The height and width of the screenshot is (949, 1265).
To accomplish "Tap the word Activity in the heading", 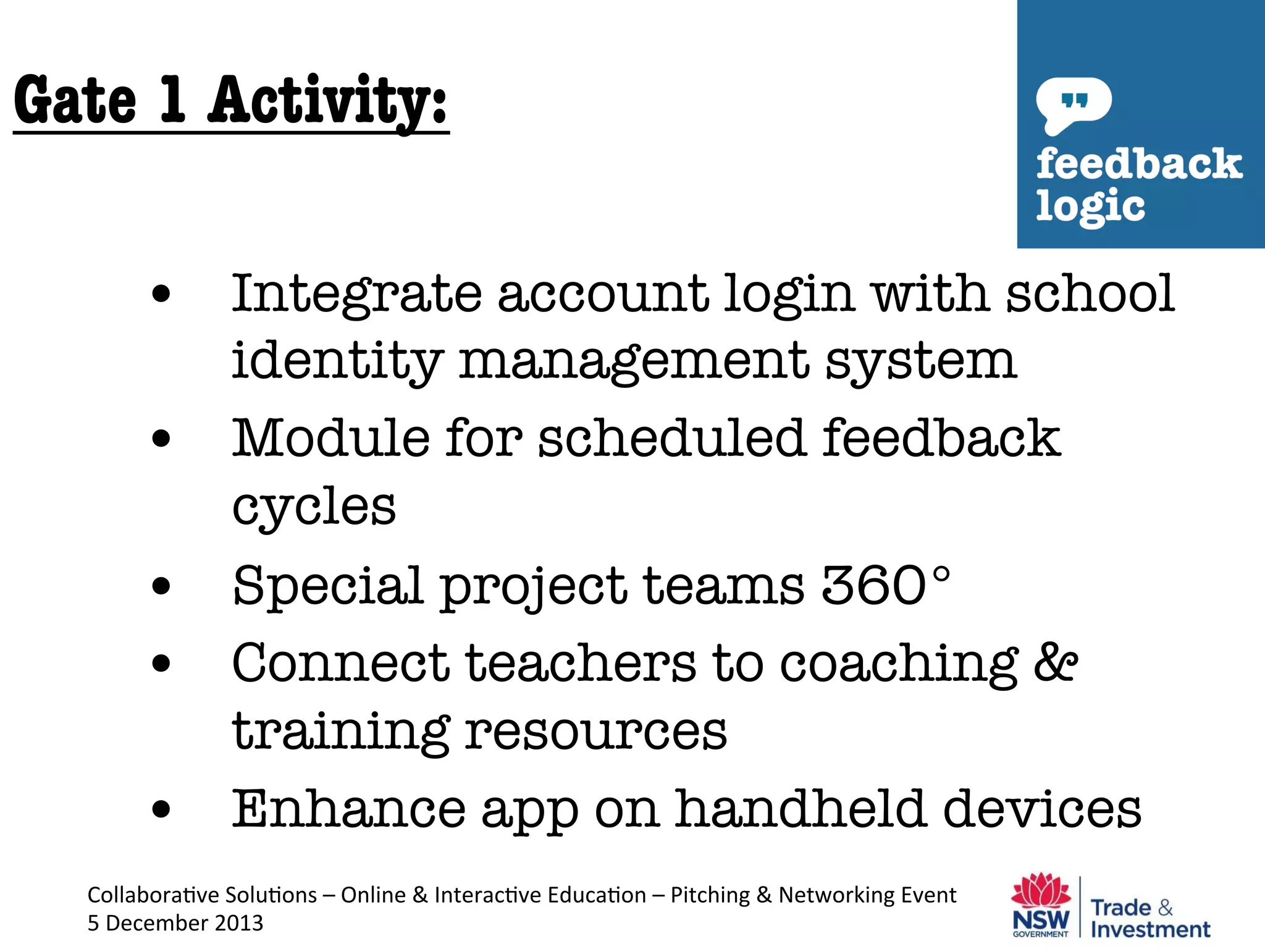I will [x=327, y=100].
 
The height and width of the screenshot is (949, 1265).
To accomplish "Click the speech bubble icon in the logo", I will [x=1074, y=103].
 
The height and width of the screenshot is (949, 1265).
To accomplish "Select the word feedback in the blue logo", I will [x=1139, y=164].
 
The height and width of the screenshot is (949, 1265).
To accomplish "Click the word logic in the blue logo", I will [x=1090, y=206].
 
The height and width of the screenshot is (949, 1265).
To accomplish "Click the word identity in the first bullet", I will [x=337, y=361].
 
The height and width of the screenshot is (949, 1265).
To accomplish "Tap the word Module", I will [x=330, y=439].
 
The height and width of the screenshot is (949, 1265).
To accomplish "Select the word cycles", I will [x=314, y=507].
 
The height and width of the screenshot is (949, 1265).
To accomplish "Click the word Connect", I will [x=340, y=663].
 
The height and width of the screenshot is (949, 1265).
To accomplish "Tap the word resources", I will [x=596, y=732].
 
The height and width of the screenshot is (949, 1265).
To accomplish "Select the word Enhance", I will [x=349, y=809].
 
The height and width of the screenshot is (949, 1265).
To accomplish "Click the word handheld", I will [x=801, y=809].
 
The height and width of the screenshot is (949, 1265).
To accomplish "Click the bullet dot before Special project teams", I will [x=161, y=586].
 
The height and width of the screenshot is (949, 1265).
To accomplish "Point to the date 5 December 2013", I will [x=175, y=923].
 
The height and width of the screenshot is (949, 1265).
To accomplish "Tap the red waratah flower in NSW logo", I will [x=1041, y=891].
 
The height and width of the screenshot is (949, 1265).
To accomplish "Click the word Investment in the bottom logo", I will [x=1150, y=929].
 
